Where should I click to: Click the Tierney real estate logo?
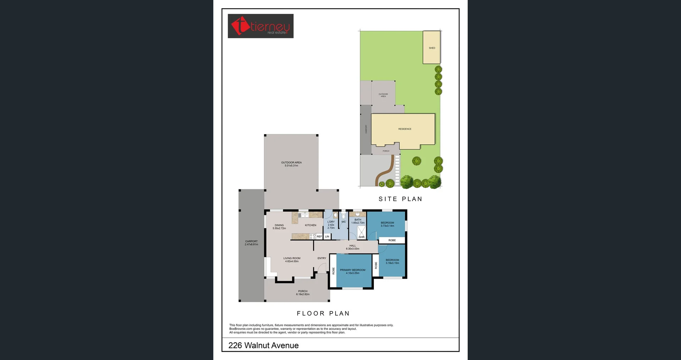coord(260,26)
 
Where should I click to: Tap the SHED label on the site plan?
coord(432,48)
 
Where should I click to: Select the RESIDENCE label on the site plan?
coord(405,129)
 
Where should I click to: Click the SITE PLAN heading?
coord(400,199)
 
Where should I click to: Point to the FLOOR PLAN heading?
coord(323,314)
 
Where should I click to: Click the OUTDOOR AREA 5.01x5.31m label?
coord(291,164)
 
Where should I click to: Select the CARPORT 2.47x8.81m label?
coord(251,243)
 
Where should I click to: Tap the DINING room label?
coord(279,227)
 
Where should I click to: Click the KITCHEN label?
coord(310,225)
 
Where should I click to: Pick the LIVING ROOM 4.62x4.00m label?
coord(292,260)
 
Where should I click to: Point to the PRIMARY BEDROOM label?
coord(353,271)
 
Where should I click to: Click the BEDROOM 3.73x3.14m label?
coord(387,224)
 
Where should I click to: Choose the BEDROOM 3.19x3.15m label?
coord(392,261)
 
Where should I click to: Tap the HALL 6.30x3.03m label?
coord(353,247)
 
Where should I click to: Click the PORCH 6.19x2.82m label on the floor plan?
coord(303,293)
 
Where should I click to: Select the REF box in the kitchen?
coord(319,237)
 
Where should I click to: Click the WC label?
coord(343,222)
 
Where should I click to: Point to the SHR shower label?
coord(361,237)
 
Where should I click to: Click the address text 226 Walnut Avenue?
coord(264,345)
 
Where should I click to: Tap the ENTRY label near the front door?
coord(322,258)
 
